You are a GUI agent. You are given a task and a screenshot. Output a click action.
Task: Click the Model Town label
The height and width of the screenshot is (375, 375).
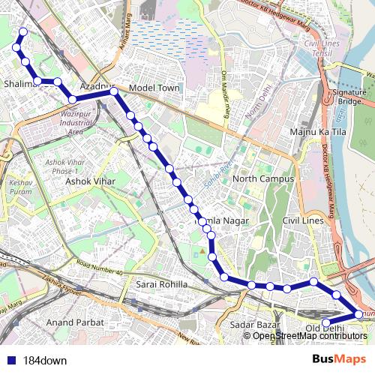(x=154, y=88)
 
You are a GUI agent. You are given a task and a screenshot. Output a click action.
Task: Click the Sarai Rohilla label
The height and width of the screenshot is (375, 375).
(x=162, y=285)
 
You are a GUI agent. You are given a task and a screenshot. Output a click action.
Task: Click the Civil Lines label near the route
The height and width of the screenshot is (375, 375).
(x=302, y=220)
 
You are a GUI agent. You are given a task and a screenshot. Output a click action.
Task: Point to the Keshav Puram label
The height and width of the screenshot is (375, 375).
(x=21, y=187)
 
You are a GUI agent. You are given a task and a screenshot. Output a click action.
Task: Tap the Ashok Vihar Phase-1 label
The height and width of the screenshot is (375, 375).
(x=67, y=166)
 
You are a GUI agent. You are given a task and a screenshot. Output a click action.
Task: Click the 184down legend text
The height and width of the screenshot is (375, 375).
(x=45, y=360)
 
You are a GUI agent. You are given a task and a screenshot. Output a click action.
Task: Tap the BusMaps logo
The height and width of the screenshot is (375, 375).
(x=339, y=360)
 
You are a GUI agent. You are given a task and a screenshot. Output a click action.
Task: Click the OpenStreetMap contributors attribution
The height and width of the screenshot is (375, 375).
(x=310, y=335)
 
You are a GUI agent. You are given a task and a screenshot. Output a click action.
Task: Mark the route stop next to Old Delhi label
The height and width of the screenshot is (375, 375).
(x=326, y=323)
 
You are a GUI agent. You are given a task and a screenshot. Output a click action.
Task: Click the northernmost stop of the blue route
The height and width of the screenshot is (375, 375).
(x=23, y=31)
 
